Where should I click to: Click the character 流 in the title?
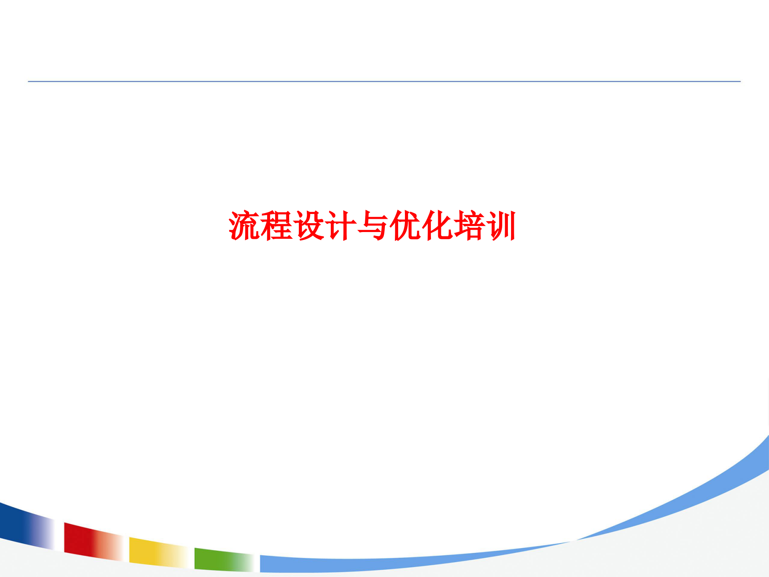[x=244, y=226]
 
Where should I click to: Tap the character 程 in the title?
[x=277, y=226]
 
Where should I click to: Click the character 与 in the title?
[x=373, y=226]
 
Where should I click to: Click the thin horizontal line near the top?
[x=384, y=81]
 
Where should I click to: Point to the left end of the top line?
[x=29, y=81]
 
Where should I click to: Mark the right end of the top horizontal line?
[x=739, y=81]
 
